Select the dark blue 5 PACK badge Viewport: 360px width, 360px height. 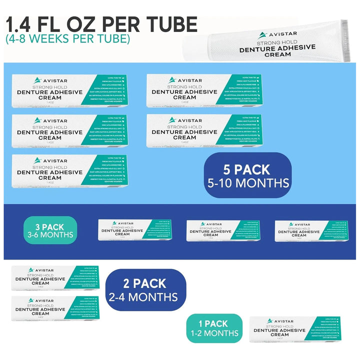[248, 175]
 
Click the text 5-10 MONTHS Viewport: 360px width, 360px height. [248, 183]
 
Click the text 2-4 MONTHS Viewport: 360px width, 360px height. [143, 297]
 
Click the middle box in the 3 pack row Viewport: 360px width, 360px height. [223, 230]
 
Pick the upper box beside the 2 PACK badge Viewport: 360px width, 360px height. [55, 278]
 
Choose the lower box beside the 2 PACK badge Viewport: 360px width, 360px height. [55, 308]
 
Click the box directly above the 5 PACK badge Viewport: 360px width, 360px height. [203, 131]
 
